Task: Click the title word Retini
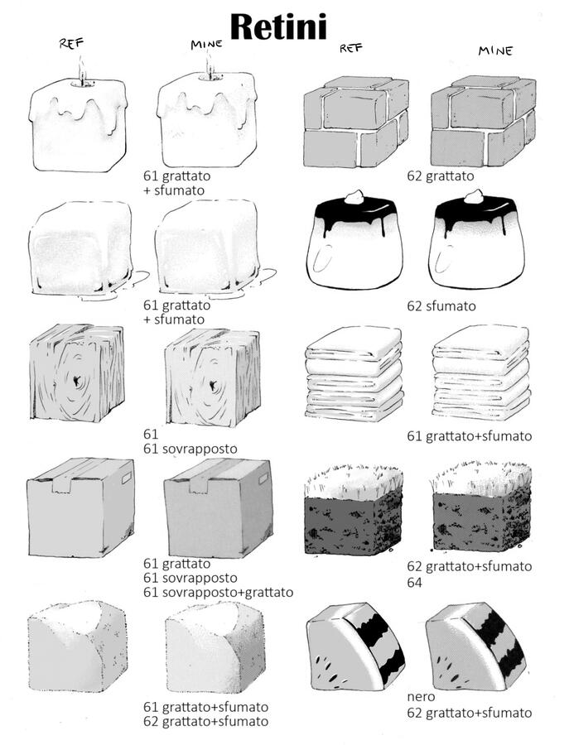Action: click(278, 27)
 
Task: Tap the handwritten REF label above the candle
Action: click(71, 43)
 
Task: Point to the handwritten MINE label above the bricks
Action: click(495, 50)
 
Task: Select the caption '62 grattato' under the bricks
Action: click(440, 175)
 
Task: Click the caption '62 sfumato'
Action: click(441, 305)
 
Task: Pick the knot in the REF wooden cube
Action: click(76, 380)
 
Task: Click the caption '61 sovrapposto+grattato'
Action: click(218, 593)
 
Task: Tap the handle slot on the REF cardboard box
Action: click(127, 478)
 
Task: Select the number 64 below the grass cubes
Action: click(414, 582)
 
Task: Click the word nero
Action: click(421, 696)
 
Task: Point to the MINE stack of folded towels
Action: click(481, 373)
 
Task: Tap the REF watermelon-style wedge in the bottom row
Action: click(356, 647)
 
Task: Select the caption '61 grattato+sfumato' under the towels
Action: click(469, 435)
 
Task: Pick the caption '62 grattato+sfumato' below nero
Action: click(469, 713)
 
